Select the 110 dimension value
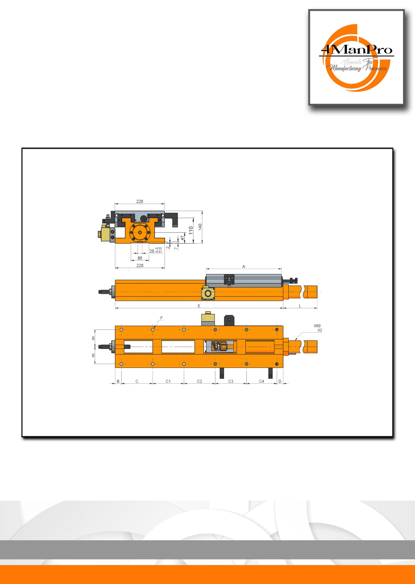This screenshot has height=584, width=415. (191, 230)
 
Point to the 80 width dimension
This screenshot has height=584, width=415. (140, 258)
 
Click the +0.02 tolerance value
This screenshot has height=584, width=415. (158, 248)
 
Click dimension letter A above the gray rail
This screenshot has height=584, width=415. (244, 266)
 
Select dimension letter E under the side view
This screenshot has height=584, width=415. (199, 306)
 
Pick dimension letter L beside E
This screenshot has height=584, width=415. (300, 306)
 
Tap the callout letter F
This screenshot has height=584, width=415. (161, 318)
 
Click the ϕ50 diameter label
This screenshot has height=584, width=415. (317, 326)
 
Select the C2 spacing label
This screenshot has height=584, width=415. (200, 381)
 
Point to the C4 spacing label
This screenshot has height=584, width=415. (262, 381)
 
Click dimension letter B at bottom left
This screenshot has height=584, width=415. (118, 381)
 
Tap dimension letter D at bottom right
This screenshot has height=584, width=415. (280, 381)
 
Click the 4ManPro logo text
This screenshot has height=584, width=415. (357, 49)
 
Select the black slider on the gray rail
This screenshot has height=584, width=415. (229, 279)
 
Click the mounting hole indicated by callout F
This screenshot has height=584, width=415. (153, 329)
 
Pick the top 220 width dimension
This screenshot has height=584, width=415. (140, 201)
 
